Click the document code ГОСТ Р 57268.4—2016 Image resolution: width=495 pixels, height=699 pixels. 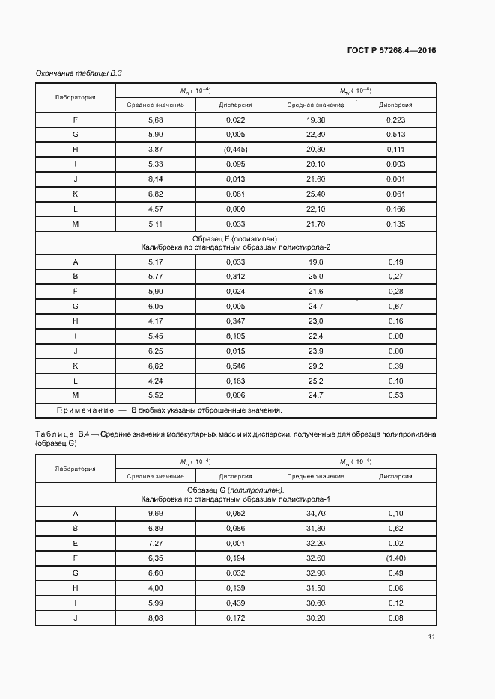[392, 51]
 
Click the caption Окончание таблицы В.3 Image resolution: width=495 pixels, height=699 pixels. [79, 73]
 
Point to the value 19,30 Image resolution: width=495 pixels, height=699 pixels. [315, 120]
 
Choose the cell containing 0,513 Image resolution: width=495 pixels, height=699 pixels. [396, 135]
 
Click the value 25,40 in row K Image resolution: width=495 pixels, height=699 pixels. [315, 194]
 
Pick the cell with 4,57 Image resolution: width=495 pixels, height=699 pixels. [156, 209]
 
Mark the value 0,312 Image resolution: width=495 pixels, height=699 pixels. [235, 277]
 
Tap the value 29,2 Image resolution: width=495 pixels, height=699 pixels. [315, 366]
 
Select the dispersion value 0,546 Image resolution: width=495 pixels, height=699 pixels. [235, 366]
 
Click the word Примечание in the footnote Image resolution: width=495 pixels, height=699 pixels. [84, 410]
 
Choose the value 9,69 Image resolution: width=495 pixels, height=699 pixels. [156, 514]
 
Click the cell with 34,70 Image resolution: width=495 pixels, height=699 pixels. [315, 514]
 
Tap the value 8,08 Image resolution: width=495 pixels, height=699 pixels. [156, 618]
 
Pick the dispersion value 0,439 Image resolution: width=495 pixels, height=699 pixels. [235, 603]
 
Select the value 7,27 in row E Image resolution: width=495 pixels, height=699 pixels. [156, 544]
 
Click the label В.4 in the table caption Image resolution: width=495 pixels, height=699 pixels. [82, 434]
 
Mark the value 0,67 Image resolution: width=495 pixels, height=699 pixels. [396, 307]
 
